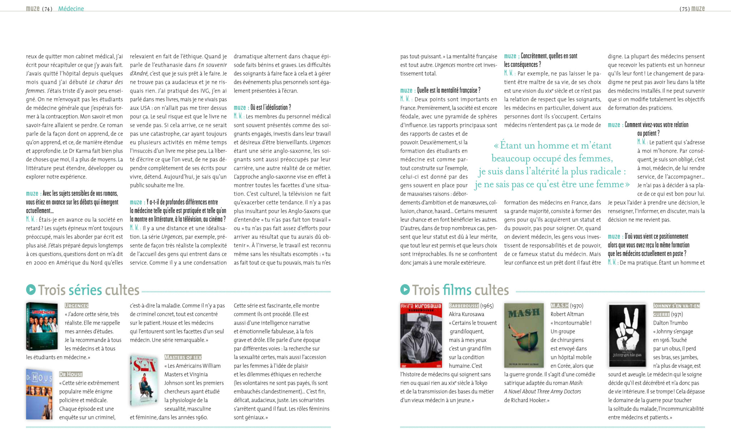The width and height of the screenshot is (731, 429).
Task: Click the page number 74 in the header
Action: click(x=47, y=9)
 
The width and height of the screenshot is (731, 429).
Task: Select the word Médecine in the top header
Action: click(x=71, y=9)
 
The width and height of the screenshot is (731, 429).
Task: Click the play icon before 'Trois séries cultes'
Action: click(x=31, y=290)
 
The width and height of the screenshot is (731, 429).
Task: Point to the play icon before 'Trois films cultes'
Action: click(x=405, y=290)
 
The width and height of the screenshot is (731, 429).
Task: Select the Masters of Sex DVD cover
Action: click(x=144, y=380)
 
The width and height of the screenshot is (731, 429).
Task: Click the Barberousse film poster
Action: click(x=421, y=335)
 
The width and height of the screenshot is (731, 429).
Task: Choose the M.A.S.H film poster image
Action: click(x=524, y=335)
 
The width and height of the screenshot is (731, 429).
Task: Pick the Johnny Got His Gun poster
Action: click(x=627, y=335)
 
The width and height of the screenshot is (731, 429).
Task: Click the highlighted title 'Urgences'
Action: click(x=76, y=306)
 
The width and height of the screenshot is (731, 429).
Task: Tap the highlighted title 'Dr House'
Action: click(x=71, y=374)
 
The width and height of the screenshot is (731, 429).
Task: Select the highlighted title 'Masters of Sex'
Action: click(x=183, y=357)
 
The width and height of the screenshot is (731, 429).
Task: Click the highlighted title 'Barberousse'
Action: click(x=464, y=306)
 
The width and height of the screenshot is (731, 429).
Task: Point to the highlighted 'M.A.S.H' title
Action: click(x=559, y=306)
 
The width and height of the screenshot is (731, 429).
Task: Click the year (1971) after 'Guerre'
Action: click(x=677, y=314)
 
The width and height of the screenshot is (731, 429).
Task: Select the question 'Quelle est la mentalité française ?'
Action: click(x=448, y=90)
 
